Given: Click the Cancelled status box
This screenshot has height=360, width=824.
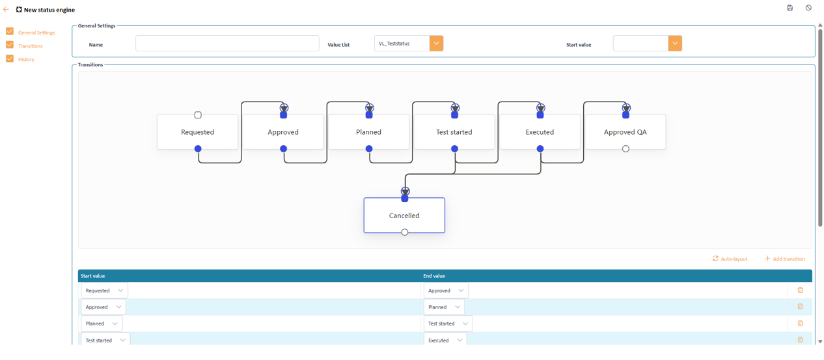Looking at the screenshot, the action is tap(404, 215).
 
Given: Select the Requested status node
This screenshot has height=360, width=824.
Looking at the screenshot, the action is tap(198, 132).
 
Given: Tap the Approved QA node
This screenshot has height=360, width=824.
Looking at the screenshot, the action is tap(625, 132).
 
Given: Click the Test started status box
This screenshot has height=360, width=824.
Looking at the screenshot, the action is tap(454, 132).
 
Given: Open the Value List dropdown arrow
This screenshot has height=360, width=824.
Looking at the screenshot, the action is tap(436, 44).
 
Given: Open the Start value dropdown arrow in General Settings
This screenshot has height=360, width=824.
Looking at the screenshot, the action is tap(675, 44).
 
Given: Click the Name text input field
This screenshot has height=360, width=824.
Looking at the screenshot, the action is tap(227, 44).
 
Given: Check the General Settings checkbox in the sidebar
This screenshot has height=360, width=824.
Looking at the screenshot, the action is tap(10, 32).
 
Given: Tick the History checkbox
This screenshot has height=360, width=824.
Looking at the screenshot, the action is tap(10, 59).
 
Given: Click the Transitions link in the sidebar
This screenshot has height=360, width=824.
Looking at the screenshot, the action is tap(31, 46).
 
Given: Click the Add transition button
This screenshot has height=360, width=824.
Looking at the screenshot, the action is tap(785, 259).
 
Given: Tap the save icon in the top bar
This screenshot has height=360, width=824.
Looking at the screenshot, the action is tap(790, 8).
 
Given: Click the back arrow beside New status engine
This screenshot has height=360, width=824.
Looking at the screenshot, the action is tap(6, 10).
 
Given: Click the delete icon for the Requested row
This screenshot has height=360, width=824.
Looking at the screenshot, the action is tap(800, 290).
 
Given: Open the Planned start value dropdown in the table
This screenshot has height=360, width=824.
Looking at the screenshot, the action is tap(102, 324).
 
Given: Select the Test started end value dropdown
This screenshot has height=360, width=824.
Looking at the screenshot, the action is tap(448, 324).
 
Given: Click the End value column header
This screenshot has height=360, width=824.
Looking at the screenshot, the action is tap(434, 276).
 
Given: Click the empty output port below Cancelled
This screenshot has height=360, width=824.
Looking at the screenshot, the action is tap(405, 232).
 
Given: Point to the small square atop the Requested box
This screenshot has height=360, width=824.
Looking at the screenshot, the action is tap(198, 115).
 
